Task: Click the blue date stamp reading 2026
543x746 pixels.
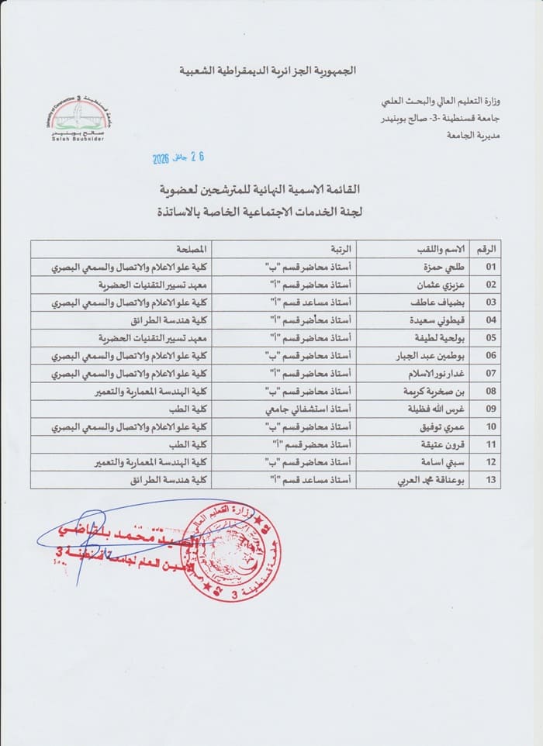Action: point(178,158)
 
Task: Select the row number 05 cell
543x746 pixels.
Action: point(490,339)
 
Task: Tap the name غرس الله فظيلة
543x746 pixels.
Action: point(442,409)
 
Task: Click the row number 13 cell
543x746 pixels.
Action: point(490,481)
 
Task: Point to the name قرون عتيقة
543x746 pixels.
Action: point(448,445)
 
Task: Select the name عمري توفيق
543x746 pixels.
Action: point(448,427)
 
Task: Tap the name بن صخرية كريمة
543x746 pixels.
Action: point(440,392)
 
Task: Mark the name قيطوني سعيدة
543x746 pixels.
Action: point(444,321)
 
